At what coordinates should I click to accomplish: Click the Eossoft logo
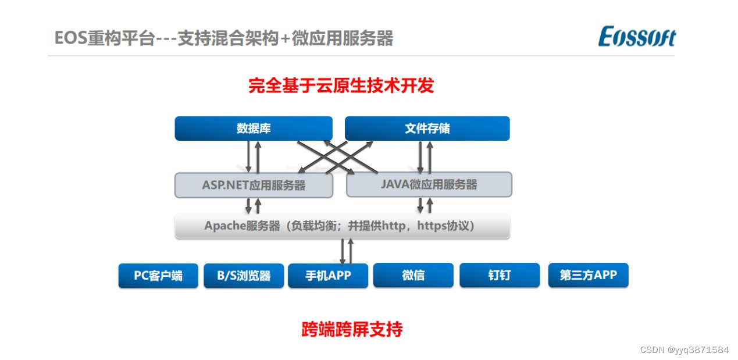[x=637, y=37]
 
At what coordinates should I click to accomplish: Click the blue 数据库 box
[x=254, y=129]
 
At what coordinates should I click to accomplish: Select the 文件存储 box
[x=427, y=129]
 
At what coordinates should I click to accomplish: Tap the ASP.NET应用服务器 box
[x=254, y=186]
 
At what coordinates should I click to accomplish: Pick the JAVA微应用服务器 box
[x=429, y=184]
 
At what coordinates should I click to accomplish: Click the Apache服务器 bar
[x=342, y=226]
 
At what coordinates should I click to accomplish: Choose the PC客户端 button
[x=158, y=276]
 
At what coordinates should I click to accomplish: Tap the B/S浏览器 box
[x=244, y=276]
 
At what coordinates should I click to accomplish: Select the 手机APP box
[x=328, y=276]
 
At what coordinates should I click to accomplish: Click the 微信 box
[x=413, y=276]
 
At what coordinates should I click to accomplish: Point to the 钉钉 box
[x=499, y=276]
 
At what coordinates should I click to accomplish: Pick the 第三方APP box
[x=588, y=276]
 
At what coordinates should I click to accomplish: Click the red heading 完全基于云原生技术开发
[x=341, y=86]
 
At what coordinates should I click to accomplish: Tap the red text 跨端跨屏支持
[x=352, y=330]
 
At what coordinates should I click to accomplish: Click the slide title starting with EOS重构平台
[x=224, y=38]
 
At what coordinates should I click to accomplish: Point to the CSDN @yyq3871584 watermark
[x=684, y=350]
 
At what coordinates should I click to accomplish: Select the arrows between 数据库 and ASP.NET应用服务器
[x=253, y=156]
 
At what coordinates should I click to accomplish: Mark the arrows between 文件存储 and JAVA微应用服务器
[x=425, y=156]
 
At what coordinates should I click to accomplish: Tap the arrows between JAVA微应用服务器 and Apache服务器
[x=425, y=205]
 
